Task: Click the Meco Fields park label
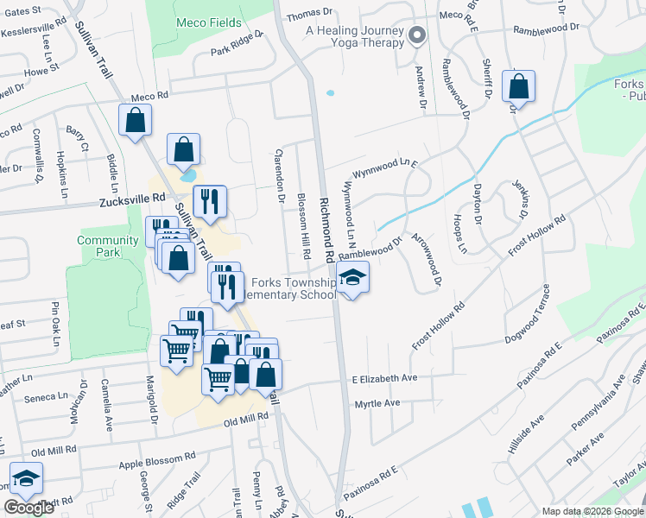(x=208, y=22)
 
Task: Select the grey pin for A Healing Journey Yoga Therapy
(x=417, y=36)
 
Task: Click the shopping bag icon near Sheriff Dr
(x=518, y=87)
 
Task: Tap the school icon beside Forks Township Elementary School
(x=352, y=278)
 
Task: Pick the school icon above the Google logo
(x=27, y=479)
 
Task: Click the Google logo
(x=29, y=508)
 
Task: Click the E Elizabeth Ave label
(x=384, y=378)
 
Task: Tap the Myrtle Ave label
(x=377, y=403)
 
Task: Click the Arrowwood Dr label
(x=427, y=259)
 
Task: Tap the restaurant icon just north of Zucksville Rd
(x=210, y=202)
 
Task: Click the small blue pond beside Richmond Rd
(x=329, y=92)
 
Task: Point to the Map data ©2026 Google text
(x=592, y=511)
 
